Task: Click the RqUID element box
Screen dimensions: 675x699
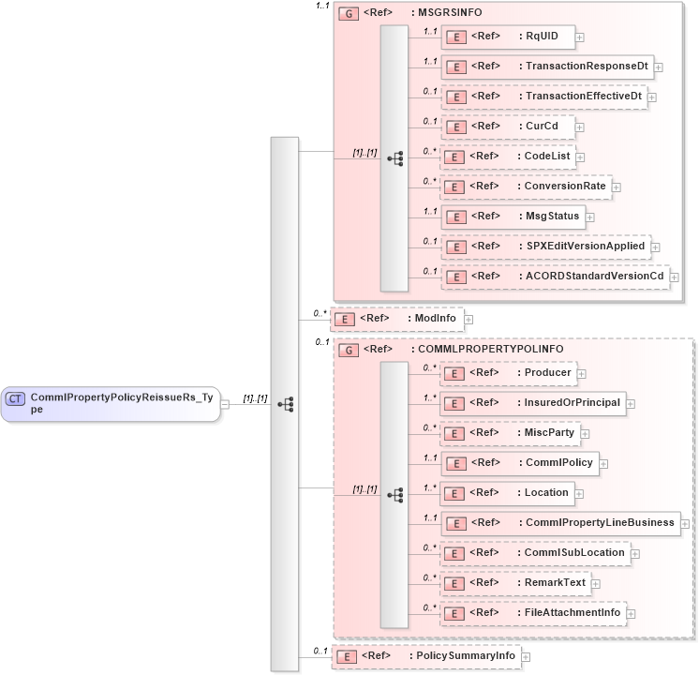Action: click(x=507, y=37)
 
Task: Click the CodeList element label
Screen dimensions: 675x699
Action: click(x=550, y=157)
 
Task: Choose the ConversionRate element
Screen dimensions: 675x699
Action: click(x=526, y=187)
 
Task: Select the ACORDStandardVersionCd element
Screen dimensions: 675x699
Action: click(x=555, y=277)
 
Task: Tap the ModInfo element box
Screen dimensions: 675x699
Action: click(x=397, y=319)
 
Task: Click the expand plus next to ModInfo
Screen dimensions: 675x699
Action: click(x=468, y=320)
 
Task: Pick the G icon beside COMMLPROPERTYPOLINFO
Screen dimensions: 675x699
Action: click(x=349, y=350)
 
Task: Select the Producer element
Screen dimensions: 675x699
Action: click(x=507, y=373)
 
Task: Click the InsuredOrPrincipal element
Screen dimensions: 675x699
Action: click(x=533, y=403)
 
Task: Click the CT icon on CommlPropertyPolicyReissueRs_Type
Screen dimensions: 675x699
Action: click(x=16, y=398)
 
